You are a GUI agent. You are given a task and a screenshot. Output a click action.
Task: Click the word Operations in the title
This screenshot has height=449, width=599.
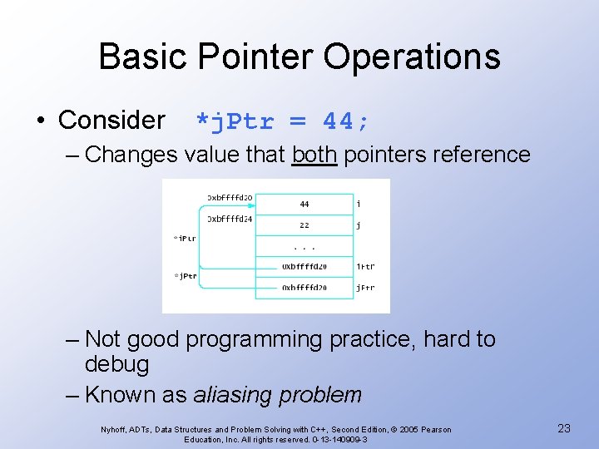click(x=412, y=57)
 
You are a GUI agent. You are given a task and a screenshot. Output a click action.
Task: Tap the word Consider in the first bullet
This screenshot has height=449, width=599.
click(x=111, y=121)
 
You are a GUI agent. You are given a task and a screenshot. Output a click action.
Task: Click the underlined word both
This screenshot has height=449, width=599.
click(x=314, y=155)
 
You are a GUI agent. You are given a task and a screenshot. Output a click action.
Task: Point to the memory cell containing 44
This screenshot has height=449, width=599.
click(x=304, y=204)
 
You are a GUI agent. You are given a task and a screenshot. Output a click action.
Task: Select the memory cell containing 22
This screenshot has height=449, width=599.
click(x=304, y=224)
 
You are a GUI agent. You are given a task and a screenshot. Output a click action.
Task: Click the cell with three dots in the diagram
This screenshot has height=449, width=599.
click(x=304, y=247)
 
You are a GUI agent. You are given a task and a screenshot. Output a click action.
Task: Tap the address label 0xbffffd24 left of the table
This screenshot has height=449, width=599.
click(x=230, y=220)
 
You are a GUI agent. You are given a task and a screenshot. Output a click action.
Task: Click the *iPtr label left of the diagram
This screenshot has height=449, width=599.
click(x=185, y=239)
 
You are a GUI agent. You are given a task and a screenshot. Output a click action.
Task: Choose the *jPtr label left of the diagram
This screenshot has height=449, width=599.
click(x=185, y=276)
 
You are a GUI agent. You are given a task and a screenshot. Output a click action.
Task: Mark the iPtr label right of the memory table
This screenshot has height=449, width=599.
click(x=365, y=267)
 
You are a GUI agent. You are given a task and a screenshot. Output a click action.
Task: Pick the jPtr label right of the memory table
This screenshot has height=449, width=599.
click(x=365, y=288)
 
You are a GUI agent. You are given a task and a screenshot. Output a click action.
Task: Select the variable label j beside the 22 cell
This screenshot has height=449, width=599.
click(x=358, y=224)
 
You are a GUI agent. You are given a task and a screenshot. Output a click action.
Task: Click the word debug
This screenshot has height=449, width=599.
click(x=117, y=364)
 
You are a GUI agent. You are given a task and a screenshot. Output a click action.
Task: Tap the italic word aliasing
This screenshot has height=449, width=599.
click(x=232, y=395)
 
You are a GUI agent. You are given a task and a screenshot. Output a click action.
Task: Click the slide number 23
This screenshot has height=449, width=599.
click(x=563, y=428)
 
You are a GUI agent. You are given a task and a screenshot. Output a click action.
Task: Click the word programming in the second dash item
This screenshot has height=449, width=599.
click(x=254, y=340)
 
